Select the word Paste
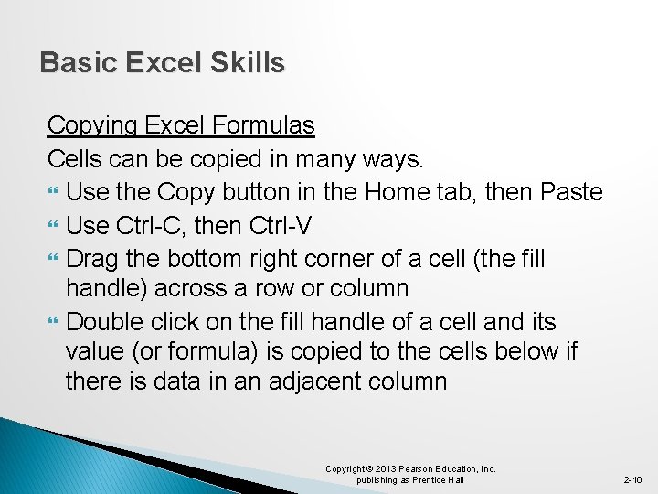click(x=571, y=192)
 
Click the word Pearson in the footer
click(x=419, y=469)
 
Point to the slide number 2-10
click(x=633, y=479)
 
